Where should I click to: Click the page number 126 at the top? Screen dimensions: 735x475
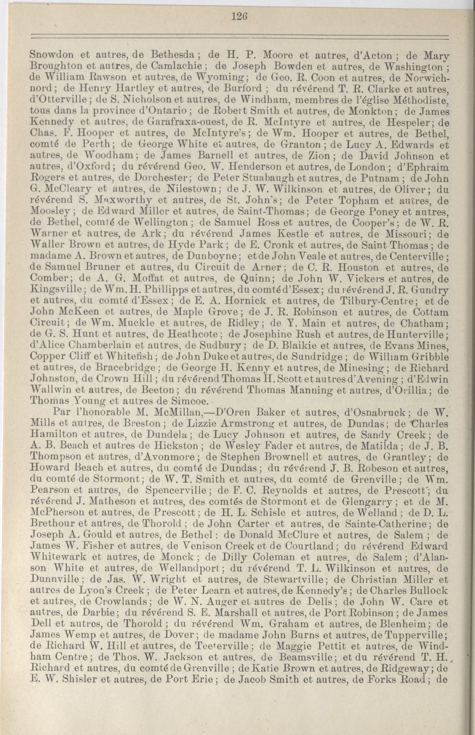[239, 16]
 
